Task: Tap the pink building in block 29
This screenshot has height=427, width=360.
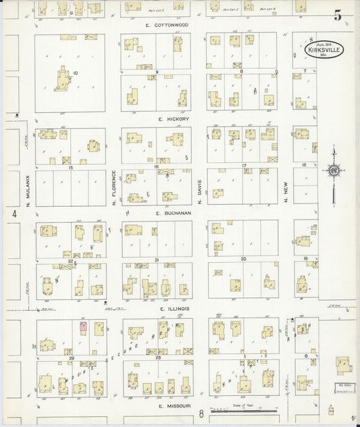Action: (83, 327)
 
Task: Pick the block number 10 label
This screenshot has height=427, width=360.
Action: (76, 72)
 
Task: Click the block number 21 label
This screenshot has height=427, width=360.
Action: (156, 259)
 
